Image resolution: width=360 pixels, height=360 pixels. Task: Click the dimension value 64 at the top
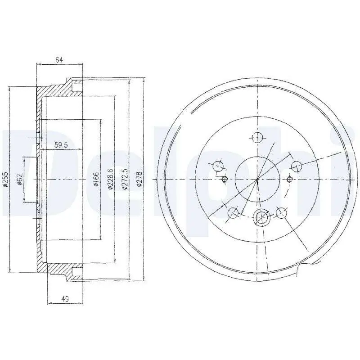click(59, 60)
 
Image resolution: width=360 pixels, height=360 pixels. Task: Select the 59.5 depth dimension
click(61, 145)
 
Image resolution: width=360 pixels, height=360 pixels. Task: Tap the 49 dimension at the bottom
click(65, 299)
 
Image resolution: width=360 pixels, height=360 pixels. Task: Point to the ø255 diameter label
click(5, 179)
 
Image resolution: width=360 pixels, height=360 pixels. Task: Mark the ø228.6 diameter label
click(110, 179)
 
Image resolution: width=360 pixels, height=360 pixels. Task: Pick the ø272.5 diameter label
click(125, 179)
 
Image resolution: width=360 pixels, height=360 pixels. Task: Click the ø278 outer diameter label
click(139, 179)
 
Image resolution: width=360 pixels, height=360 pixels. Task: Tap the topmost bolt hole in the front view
click(257, 138)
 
